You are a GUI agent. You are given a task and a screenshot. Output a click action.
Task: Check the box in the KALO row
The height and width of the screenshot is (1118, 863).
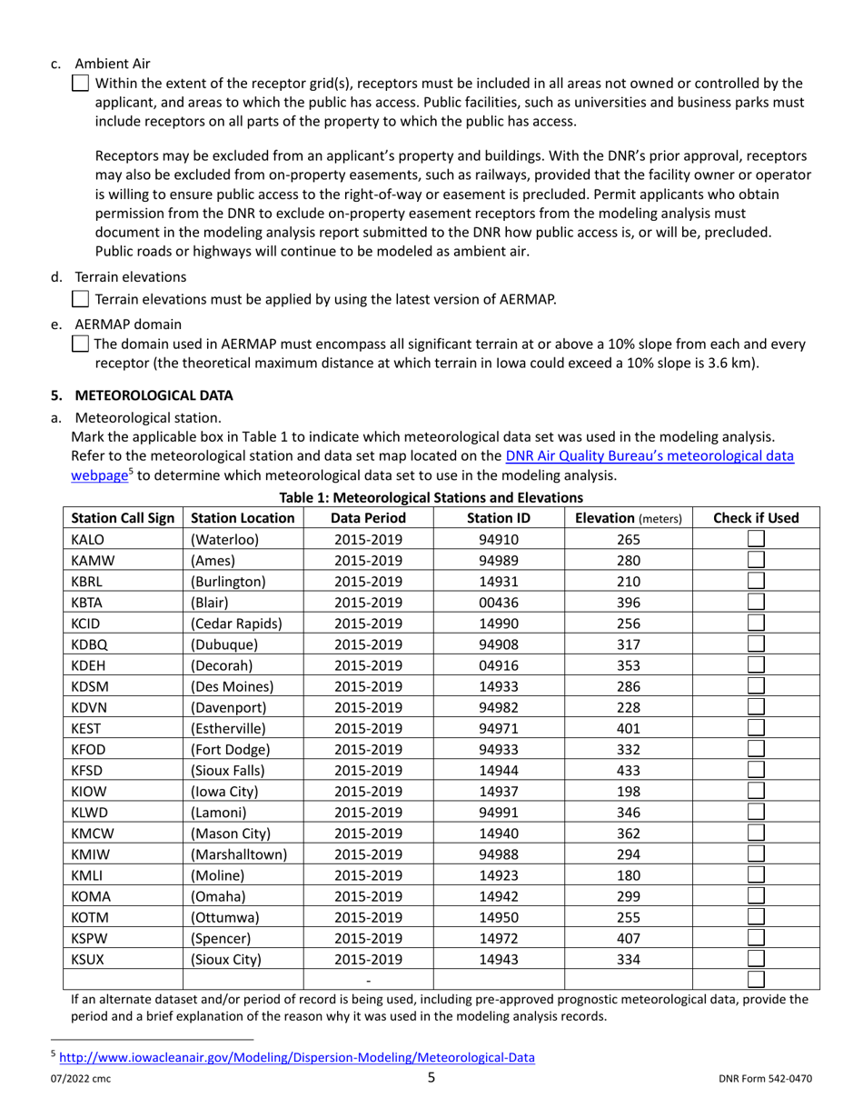tap(756, 539)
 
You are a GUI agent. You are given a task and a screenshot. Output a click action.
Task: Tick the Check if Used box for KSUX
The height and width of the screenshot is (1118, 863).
tap(756, 959)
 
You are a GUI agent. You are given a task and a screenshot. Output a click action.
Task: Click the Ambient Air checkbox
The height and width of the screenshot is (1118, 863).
tap(80, 84)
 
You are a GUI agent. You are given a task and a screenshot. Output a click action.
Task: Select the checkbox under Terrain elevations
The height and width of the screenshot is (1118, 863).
tap(80, 299)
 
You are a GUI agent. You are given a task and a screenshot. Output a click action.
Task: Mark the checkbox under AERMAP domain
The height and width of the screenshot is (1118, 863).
tap(80, 344)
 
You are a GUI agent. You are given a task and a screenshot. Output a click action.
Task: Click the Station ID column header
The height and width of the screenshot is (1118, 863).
tap(498, 518)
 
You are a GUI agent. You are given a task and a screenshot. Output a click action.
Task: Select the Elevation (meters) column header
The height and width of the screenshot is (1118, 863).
tap(628, 518)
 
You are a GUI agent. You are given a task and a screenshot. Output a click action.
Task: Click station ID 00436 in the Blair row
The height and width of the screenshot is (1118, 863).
tap(498, 602)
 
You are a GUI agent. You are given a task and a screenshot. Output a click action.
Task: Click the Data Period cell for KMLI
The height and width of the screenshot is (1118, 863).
tap(367, 874)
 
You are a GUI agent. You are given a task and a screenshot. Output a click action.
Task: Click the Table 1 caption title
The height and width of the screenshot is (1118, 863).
tap(431, 497)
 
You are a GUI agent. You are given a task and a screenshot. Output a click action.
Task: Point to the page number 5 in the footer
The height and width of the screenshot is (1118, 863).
tap(431, 1079)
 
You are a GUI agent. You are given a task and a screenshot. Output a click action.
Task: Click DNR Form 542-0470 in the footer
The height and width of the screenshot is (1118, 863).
tap(765, 1080)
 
